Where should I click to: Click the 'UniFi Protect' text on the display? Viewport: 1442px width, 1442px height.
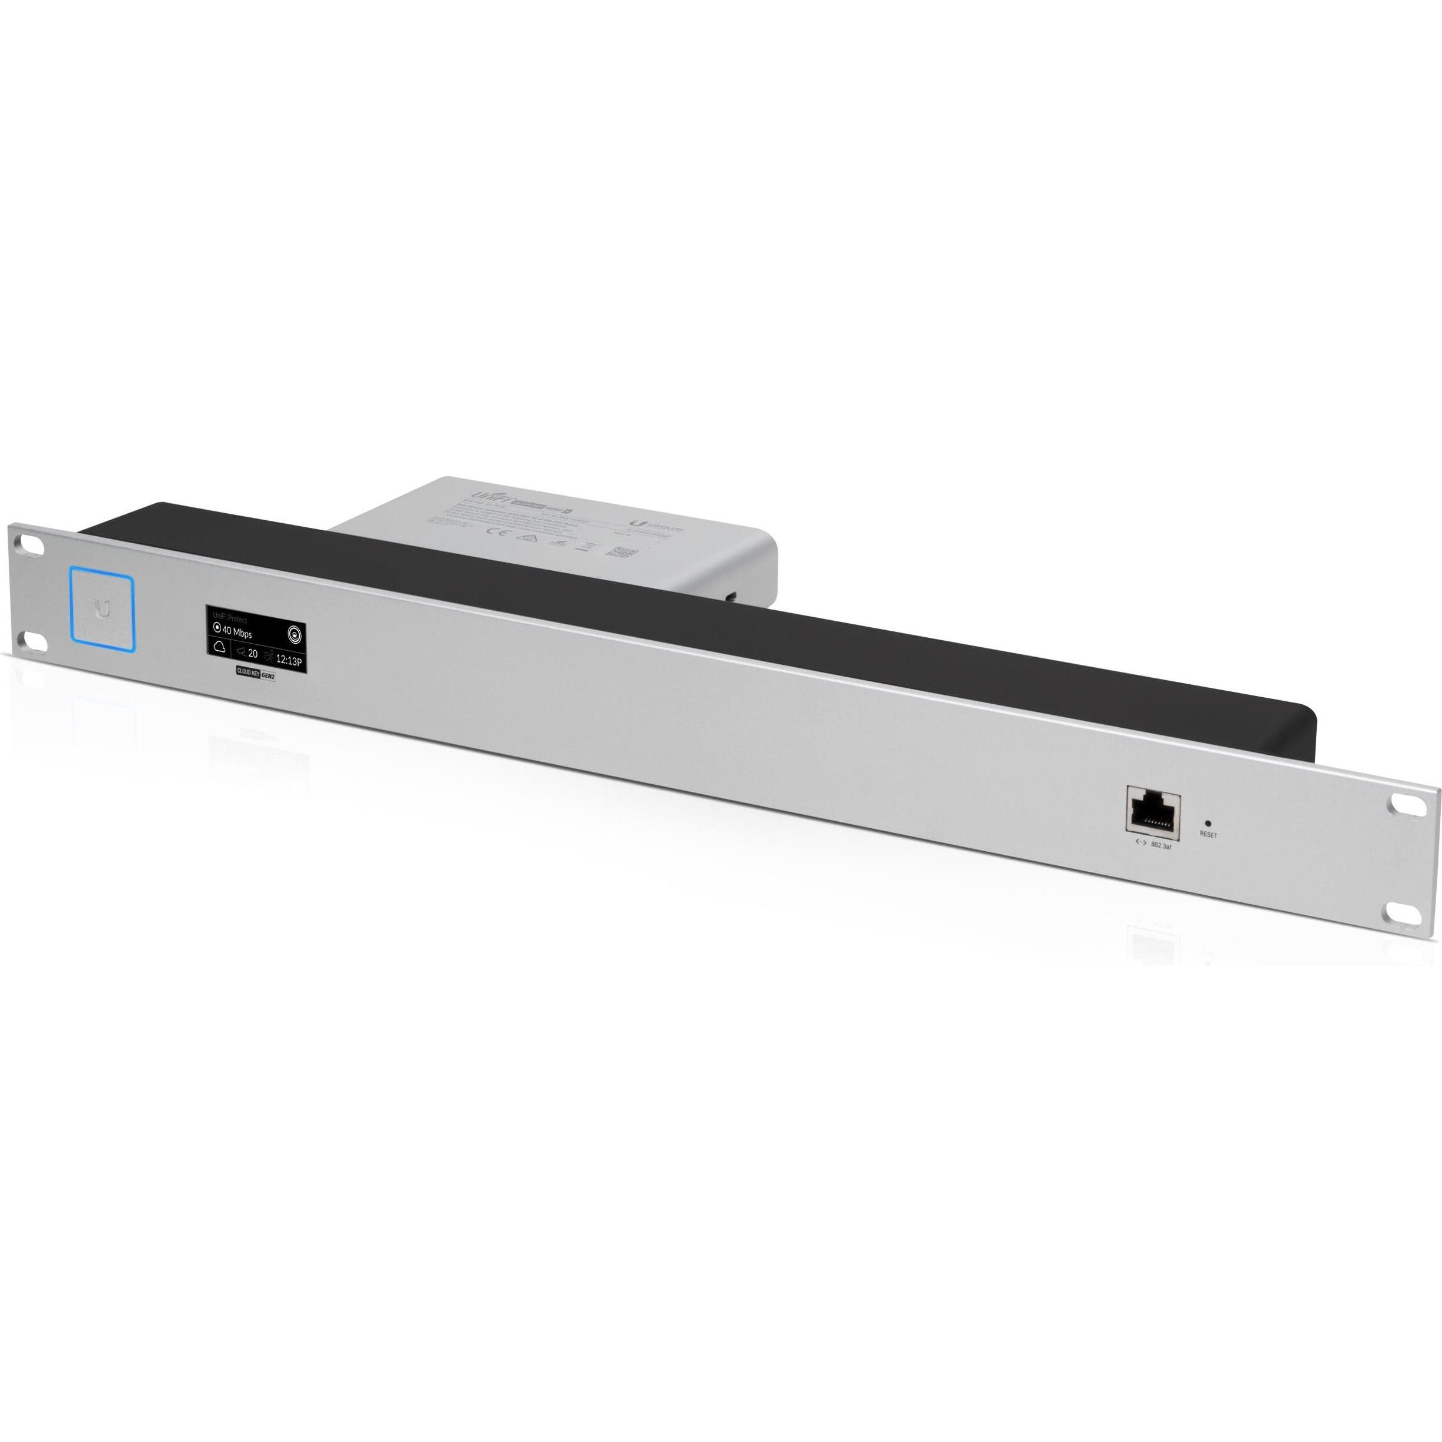[x=230, y=619]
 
